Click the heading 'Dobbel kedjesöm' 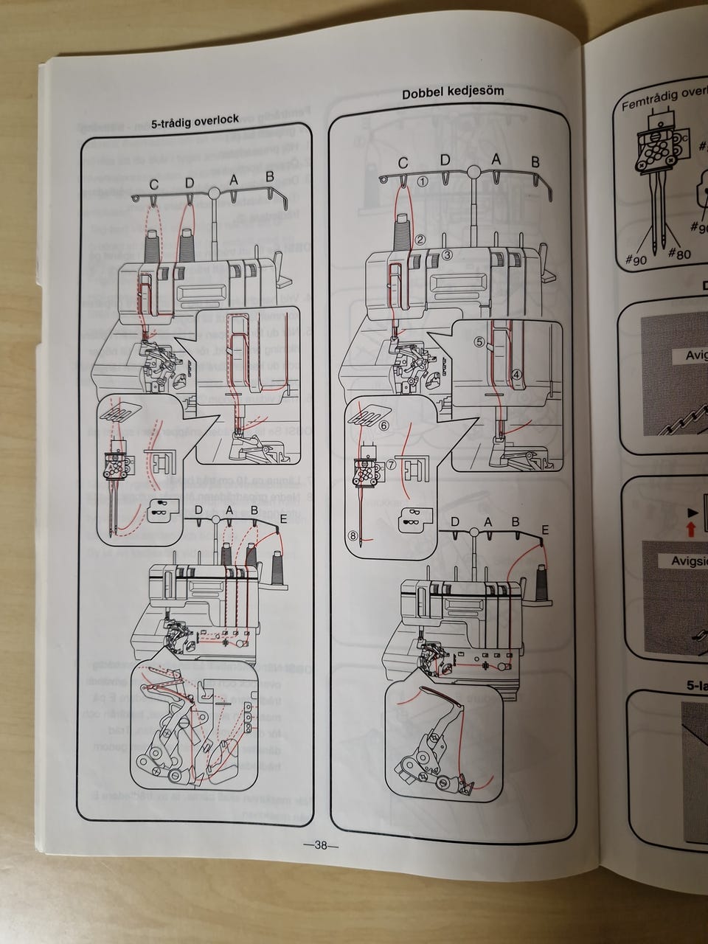pos(453,92)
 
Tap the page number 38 pos(320,846)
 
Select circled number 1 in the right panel pos(423,180)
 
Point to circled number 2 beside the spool pos(420,239)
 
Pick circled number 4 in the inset pos(517,375)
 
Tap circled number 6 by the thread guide pos(383,426)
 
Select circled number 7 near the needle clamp pos(391,465)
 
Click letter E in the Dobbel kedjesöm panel pos(545,530)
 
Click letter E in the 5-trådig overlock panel pos(284,519)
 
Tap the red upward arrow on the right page pos(690,527)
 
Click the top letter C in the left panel pos(153,184)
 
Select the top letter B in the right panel pos(535,162)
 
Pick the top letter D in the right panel pos(445,160)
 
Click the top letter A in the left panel pos(234,179)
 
